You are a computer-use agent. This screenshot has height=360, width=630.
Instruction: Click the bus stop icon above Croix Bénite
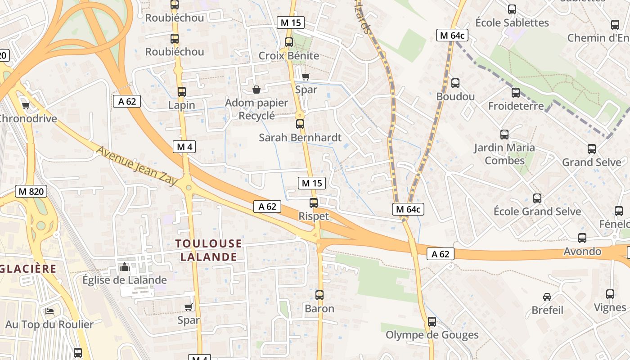(x=289, y=42)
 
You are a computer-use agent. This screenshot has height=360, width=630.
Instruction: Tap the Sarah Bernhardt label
(x=300, y=138)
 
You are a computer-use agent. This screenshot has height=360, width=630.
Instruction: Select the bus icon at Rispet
(x=314, y=203)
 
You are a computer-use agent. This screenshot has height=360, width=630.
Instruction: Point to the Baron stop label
(x=319, y=309)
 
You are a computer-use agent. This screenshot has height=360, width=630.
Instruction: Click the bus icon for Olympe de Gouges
(x=432, y=322)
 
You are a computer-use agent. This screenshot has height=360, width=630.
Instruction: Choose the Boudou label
(x=455, y=97)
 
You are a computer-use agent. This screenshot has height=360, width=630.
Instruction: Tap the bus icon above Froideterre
(x=516, y=93)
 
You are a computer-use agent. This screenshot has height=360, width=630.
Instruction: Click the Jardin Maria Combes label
(x=504, y=154)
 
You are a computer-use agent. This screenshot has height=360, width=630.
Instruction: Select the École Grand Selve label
(x=537, y=211)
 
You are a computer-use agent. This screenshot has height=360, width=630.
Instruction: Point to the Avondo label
(x=582, y=251)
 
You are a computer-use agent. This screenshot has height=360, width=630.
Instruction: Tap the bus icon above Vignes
(x=610, y=294)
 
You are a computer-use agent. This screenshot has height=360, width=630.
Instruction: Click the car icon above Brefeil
(x=547, y=297)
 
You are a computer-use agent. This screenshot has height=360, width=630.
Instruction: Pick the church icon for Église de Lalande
(x=125, y=267)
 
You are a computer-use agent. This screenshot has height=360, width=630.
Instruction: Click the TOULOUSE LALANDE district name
(x=208, y=250)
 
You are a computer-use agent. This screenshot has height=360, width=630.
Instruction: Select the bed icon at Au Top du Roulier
(x=49, y=311)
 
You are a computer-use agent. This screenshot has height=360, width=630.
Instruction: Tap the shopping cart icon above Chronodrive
(x=26, y=106)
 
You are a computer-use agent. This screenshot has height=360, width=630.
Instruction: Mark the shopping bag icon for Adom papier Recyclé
(x=256, y=90)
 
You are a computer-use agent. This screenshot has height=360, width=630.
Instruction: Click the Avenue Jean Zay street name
(x=136, y=165)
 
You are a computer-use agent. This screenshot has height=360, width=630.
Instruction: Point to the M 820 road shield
(x=31, y=191)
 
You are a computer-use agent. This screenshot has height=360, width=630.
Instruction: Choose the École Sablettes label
(x=512, y=22)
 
